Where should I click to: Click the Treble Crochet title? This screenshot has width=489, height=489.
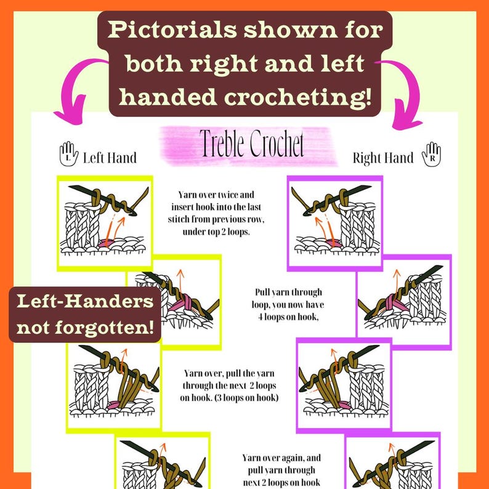coord(251,145)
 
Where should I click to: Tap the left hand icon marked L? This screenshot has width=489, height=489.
coord(68,155)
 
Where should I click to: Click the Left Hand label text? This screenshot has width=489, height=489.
coord(110,158)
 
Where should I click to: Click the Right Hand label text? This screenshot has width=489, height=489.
coord(382,158)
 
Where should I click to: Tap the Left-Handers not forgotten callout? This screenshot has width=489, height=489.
coord(85,314)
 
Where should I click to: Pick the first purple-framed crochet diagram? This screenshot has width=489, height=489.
coord(335,222)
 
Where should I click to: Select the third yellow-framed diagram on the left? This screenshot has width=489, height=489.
coord(113,382)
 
